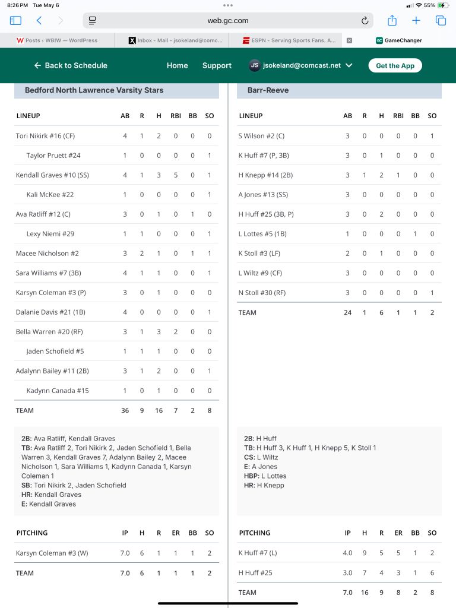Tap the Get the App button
[395, 65]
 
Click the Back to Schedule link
[71, 65]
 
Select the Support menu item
[217, 65]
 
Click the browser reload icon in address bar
[365, 21]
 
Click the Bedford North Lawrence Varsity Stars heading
[94, 90]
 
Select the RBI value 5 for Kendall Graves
[176, 175]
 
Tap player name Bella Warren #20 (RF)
[44, 332]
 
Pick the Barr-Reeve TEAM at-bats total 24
[347, 312]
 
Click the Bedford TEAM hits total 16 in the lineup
[159, 410]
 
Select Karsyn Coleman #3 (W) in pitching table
[52, 553]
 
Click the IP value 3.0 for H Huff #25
[347, 573]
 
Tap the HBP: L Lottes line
[265, 476]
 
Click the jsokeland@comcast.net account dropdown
[301, 65]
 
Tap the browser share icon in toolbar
[392, 21]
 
